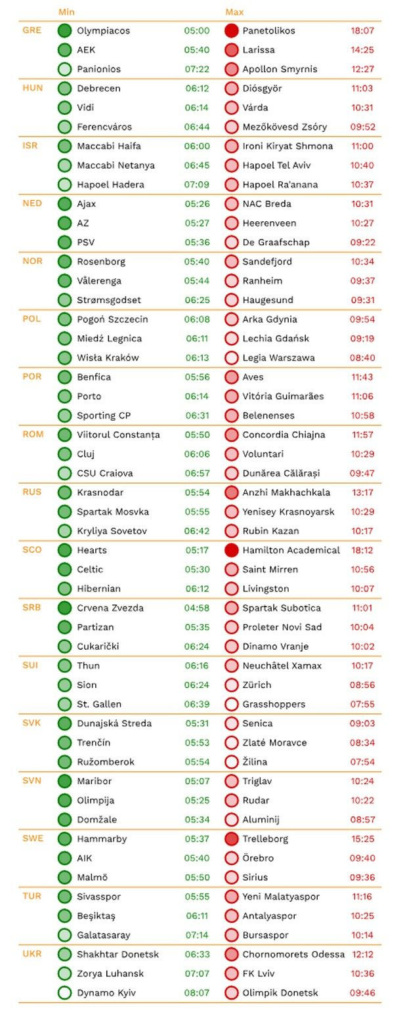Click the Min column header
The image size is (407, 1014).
[x=66, y=12]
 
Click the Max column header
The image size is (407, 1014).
[x=234, y=12]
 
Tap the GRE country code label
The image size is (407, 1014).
[x=32, y=30]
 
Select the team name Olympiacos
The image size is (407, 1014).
[x=103, y=31]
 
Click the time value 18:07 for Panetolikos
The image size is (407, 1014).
[x=362, y=31]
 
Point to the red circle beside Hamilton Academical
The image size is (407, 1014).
[x=231, y=550]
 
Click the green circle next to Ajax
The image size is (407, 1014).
[x=64, y=204]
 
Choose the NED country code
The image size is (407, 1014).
[x=32, y=203]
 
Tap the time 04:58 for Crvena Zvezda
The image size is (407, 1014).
[x=197, y=608]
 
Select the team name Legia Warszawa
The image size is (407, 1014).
[x=278, y=358]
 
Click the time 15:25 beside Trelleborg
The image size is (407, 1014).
[x=362, y=839]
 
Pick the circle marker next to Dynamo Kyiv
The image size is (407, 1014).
[x=64, y=993]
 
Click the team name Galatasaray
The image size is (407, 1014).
[x=103, y=935]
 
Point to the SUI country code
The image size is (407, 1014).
[x=31, y=665]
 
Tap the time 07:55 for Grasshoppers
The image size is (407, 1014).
[x=362, y=704]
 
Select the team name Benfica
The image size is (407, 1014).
[x=94, y=377]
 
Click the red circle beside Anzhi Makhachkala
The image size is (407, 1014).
[x=231, y=492]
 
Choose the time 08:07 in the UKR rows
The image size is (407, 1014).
[x=197, y=993]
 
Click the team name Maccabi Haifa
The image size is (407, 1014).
[x=108, y=146]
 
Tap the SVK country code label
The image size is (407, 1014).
[x=32, y=723]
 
